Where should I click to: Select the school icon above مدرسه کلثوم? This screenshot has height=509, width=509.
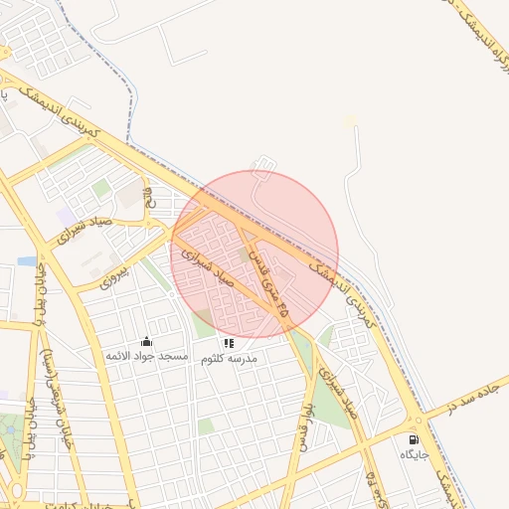click(x=229, y=342)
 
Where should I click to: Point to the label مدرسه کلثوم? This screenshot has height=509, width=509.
click(x=229, y=357)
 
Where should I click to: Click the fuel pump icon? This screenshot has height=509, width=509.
click(x=414, y=439)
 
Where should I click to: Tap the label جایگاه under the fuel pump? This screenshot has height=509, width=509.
click(x=414, y=454)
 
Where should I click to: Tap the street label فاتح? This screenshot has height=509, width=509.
click(x=150, y=196)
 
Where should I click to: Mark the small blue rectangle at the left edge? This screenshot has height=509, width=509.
click(x=27, y=261)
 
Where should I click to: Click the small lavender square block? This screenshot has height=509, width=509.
click(x=66, y=216)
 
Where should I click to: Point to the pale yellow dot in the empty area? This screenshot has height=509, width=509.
click(x=350, y=121)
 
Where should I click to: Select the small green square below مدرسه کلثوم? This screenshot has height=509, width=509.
click(x=206, y=426)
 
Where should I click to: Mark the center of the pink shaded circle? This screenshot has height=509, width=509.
click(x=254, y=254)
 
